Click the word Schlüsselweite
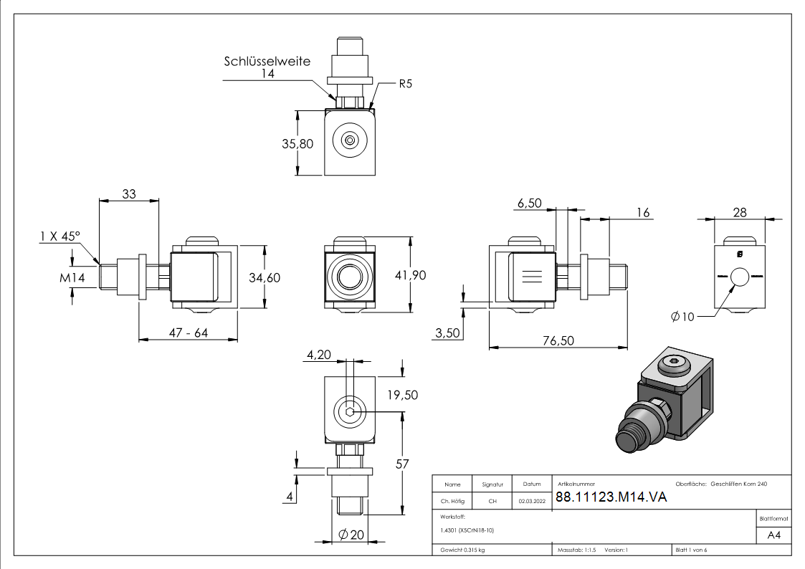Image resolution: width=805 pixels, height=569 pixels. point(267,62)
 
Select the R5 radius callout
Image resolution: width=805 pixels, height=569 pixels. point(405,84)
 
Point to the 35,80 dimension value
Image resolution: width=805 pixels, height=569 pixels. point(297,143)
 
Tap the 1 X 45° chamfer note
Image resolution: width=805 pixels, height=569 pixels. point(60,236)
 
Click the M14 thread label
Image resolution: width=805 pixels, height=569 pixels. point(72,277)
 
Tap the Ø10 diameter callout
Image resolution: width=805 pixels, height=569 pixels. point(682,317)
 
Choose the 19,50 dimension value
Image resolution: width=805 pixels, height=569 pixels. point(401,395)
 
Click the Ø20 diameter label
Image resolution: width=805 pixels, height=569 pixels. point(353,534)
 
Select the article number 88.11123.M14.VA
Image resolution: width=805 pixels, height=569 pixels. point(611,498)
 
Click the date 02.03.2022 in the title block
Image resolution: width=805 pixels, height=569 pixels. point(532,502)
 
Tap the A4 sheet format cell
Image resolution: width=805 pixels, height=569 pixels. point(774,535)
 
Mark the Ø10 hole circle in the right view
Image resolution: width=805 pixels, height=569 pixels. point(739,276)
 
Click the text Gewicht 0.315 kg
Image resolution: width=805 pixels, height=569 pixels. point(463,550)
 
